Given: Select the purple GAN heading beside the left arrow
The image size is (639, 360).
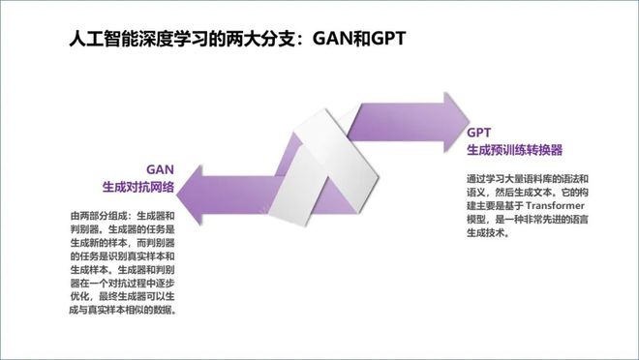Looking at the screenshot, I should [x=160, y=167].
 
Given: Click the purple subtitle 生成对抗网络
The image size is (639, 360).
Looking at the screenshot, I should [x=145, y=185].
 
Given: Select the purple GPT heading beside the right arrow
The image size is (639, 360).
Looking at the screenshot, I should [x=480, y=133].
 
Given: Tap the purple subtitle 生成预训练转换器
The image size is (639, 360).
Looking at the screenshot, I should [x=514, y=150].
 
